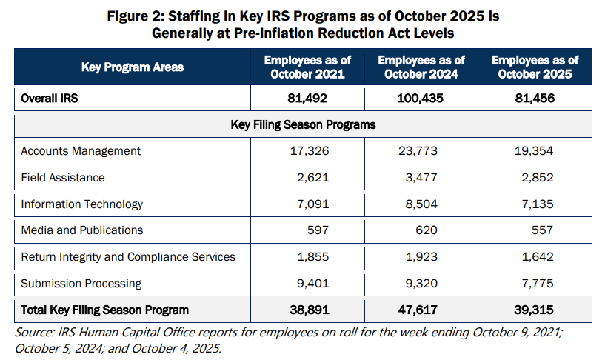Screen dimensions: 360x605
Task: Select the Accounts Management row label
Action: click(x=81, y=150)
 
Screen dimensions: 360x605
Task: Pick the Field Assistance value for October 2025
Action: click(x=535, y=177)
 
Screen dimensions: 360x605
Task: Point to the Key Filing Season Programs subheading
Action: click(x=304, y=124)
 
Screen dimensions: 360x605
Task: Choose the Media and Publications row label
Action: click(x=81, y=230)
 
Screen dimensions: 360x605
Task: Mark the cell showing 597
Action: click(x=318, y=230)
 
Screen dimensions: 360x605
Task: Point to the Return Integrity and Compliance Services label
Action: click(x=128, y=257)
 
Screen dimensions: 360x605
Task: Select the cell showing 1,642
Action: click(x=535, y=257)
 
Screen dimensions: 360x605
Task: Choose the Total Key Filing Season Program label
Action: click(x=104, y=310)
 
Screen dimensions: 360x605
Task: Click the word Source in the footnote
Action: click(x=32, y=333)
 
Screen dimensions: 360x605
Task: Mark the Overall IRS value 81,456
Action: click(x=535, y=98)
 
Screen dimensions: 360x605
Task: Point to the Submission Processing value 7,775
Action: click(x=535, y=283)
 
